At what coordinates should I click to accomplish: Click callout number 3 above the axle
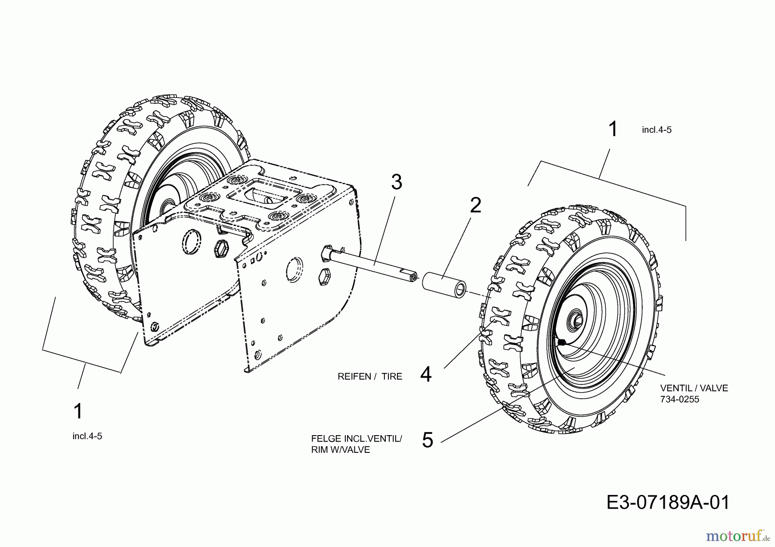[396, 182]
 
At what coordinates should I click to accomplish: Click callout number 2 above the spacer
[475, 206]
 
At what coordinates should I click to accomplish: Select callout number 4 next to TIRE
[425, 375]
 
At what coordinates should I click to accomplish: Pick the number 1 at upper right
[612, 129]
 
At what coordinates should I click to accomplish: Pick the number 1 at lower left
[78, 412]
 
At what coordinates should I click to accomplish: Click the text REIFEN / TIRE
[370, 377]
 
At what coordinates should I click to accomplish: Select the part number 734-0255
[679, 399]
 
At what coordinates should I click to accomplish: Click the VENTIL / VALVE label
[694, 388]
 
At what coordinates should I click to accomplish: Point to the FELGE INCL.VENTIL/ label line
[356, 439]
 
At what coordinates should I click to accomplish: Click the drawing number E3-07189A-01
[668, 503]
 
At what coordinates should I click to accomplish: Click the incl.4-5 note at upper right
[657, 130]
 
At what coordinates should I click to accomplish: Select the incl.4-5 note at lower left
[87, 436]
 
